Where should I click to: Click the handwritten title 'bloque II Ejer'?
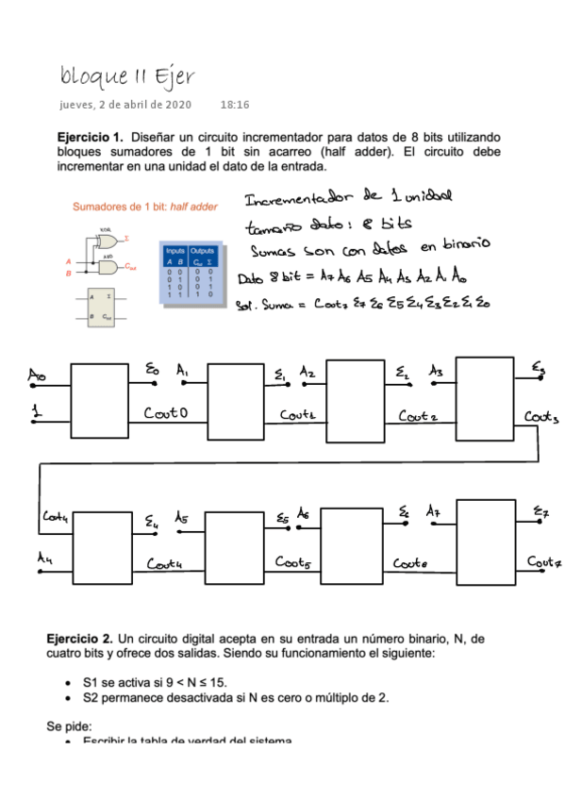pyautogui.click(x=126, y=75)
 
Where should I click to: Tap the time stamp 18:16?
pyautogui.click(x=234, y=105)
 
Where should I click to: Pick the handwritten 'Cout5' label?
pyautogui.click(x=295, y=562)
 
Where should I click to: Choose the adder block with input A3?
pyautogui.click(x=485, y=397)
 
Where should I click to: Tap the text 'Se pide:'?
pyautogui.click(x=70, y=726)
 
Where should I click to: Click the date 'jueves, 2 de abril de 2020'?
pyautogui.click(x=125, y=105)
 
